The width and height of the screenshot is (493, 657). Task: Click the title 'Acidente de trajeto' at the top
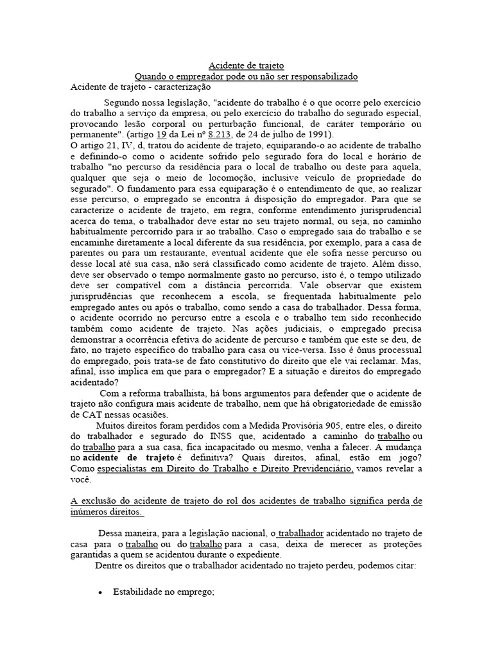click(x=246, y=66)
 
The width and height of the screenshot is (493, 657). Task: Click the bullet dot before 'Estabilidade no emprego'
click(x=101, y=593)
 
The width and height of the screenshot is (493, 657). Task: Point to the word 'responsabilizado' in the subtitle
click(x=325, y=76)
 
